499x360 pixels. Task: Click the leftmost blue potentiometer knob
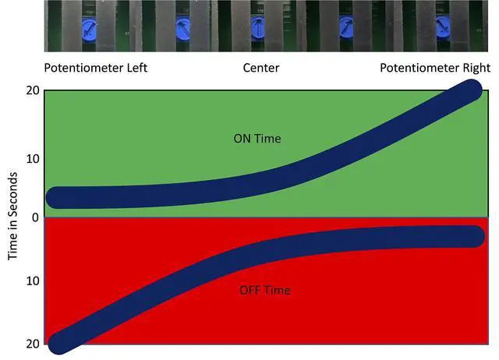pyautogui.click(x=88, y=30)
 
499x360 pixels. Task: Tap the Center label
pyautogui.click(x=261, y=68)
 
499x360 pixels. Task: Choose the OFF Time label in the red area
pyautogui.click(x=264, y=290)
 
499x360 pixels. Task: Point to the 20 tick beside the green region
pyautogui.click(x=32, y=90)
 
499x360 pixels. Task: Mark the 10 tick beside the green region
pyautogui.click(x=32, y=158)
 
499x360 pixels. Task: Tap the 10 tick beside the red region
pyautogui.click(x=32, y=280)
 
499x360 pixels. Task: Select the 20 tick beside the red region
pyautogui.click(x=32, y=344)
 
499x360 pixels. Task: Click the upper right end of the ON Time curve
pyautogui.click(x=470, y=90)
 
